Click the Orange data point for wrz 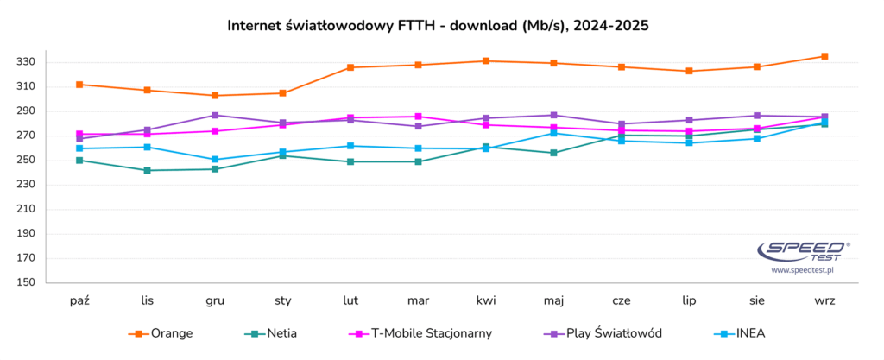coord(824,56)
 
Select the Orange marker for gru coord(215,95)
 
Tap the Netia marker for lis coord(148,170)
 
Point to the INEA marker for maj coord(553,133)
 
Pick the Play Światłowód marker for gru coord(215,115)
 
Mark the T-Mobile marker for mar coord(418,117)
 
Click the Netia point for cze coord(622,136)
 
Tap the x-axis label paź coord(80,300)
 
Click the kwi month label coord(486,300)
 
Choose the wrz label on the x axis coord(824,300)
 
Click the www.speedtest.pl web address coord(801,270)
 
